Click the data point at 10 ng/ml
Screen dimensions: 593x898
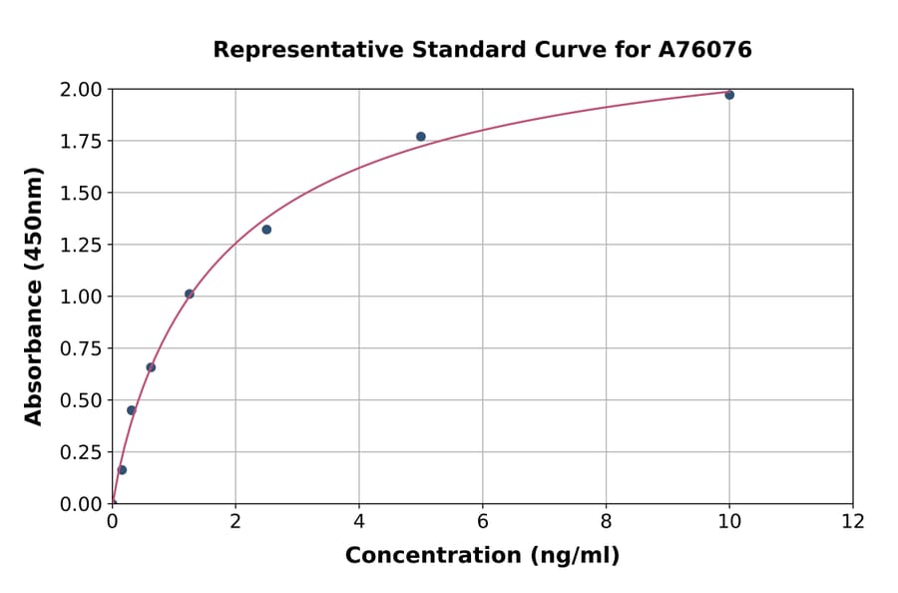coord(729,95)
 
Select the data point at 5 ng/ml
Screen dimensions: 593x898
coord(421,137)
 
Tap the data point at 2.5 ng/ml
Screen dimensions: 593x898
coord(266,230)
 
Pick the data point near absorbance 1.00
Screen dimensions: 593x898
coord(190,294)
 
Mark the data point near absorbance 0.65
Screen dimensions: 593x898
coord(151,367)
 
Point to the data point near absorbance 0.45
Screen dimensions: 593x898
coord(131,410)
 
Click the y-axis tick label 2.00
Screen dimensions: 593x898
coord(81,90)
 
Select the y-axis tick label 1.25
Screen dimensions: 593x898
coord(81,245)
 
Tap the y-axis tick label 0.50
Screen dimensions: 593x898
coord(81,400)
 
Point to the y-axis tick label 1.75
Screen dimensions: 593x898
coord(81,142)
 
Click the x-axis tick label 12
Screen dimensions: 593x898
coord(853,521)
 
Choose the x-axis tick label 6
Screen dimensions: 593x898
coord(483,521)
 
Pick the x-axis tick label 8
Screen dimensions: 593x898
coord(607,521)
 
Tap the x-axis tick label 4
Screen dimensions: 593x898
coord(359,521)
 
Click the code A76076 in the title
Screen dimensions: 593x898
coord(705,50)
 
